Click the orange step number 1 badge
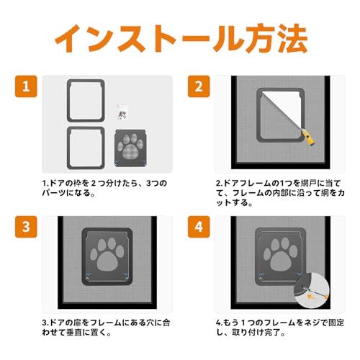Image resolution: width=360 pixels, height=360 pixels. pos(26,86)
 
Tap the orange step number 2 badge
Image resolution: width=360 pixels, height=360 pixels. pos(199,86)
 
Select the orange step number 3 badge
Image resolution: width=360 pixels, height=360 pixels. pos(26,227)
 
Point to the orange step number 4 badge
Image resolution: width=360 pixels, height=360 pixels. pos(199,227)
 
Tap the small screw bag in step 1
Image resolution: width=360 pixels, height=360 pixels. pos(122,112)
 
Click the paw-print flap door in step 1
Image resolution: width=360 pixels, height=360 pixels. pos(131,148)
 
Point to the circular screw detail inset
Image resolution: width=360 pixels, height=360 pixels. pos(312,291)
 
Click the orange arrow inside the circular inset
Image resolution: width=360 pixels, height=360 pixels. pos(311,297)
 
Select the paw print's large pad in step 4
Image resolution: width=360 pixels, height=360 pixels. pos(281,261)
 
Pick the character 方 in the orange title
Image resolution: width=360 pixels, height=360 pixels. pos(261,38)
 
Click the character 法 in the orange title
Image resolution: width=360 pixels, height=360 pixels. pos(292,38)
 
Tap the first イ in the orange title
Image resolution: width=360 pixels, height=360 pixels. pos(68,39)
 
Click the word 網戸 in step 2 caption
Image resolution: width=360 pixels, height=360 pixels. pos(309,184)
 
